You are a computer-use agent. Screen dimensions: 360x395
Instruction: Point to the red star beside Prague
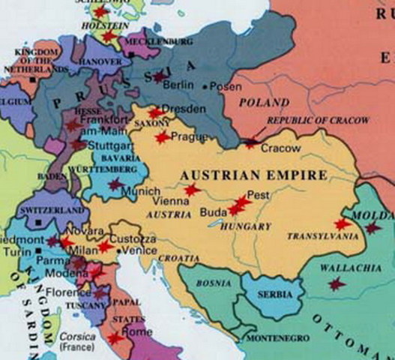click(161, 137)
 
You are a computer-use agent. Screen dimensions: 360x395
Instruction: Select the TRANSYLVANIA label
click(314, 236)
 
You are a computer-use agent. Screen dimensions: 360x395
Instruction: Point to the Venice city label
click(140, 250)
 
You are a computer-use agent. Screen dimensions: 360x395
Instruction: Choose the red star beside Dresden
click(154, 113)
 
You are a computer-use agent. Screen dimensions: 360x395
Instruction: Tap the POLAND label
click(263, 101)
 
